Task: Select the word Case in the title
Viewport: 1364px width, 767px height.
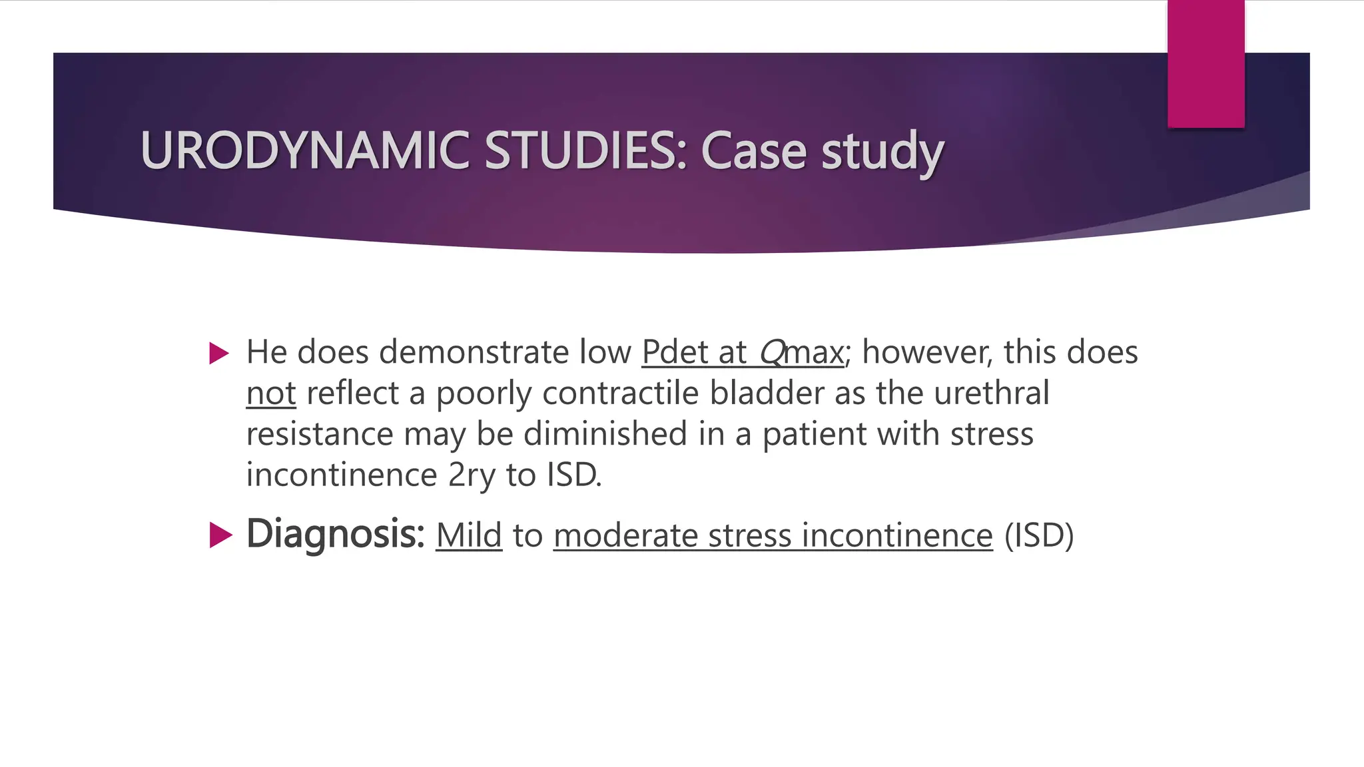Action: [x=754, y=150]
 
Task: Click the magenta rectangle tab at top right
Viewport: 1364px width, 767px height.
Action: [x=1205, y=64]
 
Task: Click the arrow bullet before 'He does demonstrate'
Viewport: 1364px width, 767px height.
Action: [x=219, y=353]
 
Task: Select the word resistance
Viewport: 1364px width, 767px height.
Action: [x=320, y=434]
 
